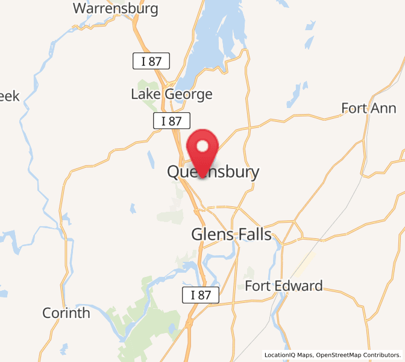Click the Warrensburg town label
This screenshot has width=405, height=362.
(x=115, y=8)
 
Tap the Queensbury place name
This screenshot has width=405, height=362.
(x=213, y=173)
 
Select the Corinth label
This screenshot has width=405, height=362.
(x=66, y=313)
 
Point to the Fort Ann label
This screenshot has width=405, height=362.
(x=369, y=109)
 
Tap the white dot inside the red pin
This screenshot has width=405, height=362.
(x=202, y=145)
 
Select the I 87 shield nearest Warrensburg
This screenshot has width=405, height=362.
(x=151, y=60)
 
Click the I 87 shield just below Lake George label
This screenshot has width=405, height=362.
(x=172, y=120)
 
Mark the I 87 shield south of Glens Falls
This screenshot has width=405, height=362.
(x=201, y=295)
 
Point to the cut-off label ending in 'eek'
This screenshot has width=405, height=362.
(x=10, y=96)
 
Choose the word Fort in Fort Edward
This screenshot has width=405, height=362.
(x=257, y=286)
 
